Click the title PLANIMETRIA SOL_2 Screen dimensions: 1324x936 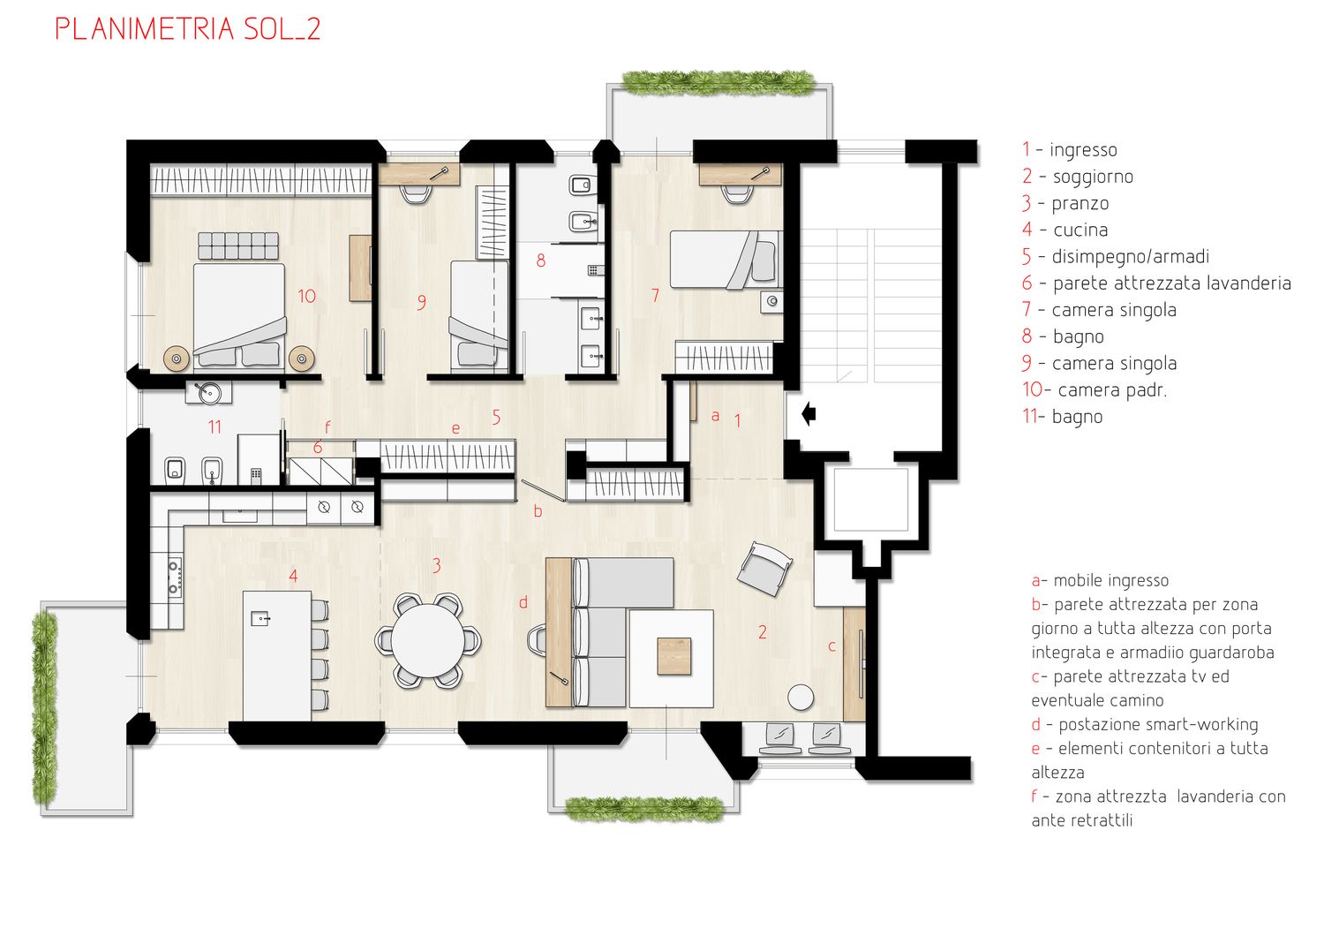(x=188, y=29)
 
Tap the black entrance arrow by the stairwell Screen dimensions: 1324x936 (x=809, y=414)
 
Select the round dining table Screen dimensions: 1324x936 (x=428, y=640)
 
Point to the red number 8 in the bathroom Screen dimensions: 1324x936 (x=541, y=260)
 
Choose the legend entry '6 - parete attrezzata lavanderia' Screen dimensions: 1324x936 (x=1156, y=283)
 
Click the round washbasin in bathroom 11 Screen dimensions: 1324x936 (x=208, y=393)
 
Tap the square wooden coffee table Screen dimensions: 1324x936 (x=674, y=656)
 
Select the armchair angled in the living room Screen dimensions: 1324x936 (x=765, y=568)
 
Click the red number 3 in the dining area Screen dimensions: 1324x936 (x=436, y=566)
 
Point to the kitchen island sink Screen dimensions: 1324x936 (x=260, y=618)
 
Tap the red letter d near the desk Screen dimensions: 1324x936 (x=523, y=602)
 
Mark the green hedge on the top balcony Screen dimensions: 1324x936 (x=719, y=83)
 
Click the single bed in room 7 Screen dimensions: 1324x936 (x=726, y=260)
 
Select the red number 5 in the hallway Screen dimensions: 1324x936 (x=496, y=417)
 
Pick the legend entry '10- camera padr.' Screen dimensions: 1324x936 (x=1095, y=389)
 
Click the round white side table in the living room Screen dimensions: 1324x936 (x=801, y=697)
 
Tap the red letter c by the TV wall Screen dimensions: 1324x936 (x=831, y=646)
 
